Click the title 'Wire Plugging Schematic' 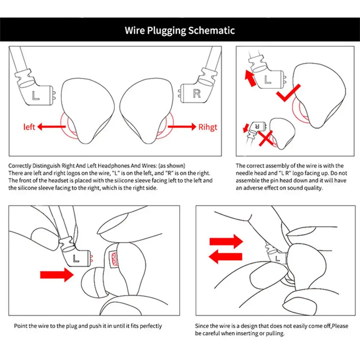click(x=180, y=30)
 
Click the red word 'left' click(x=29, y=127)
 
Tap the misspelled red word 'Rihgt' click(x=208, y=127)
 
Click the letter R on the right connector click(x=196, y=94)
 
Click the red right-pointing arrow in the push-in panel click(x=56, y=275)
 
